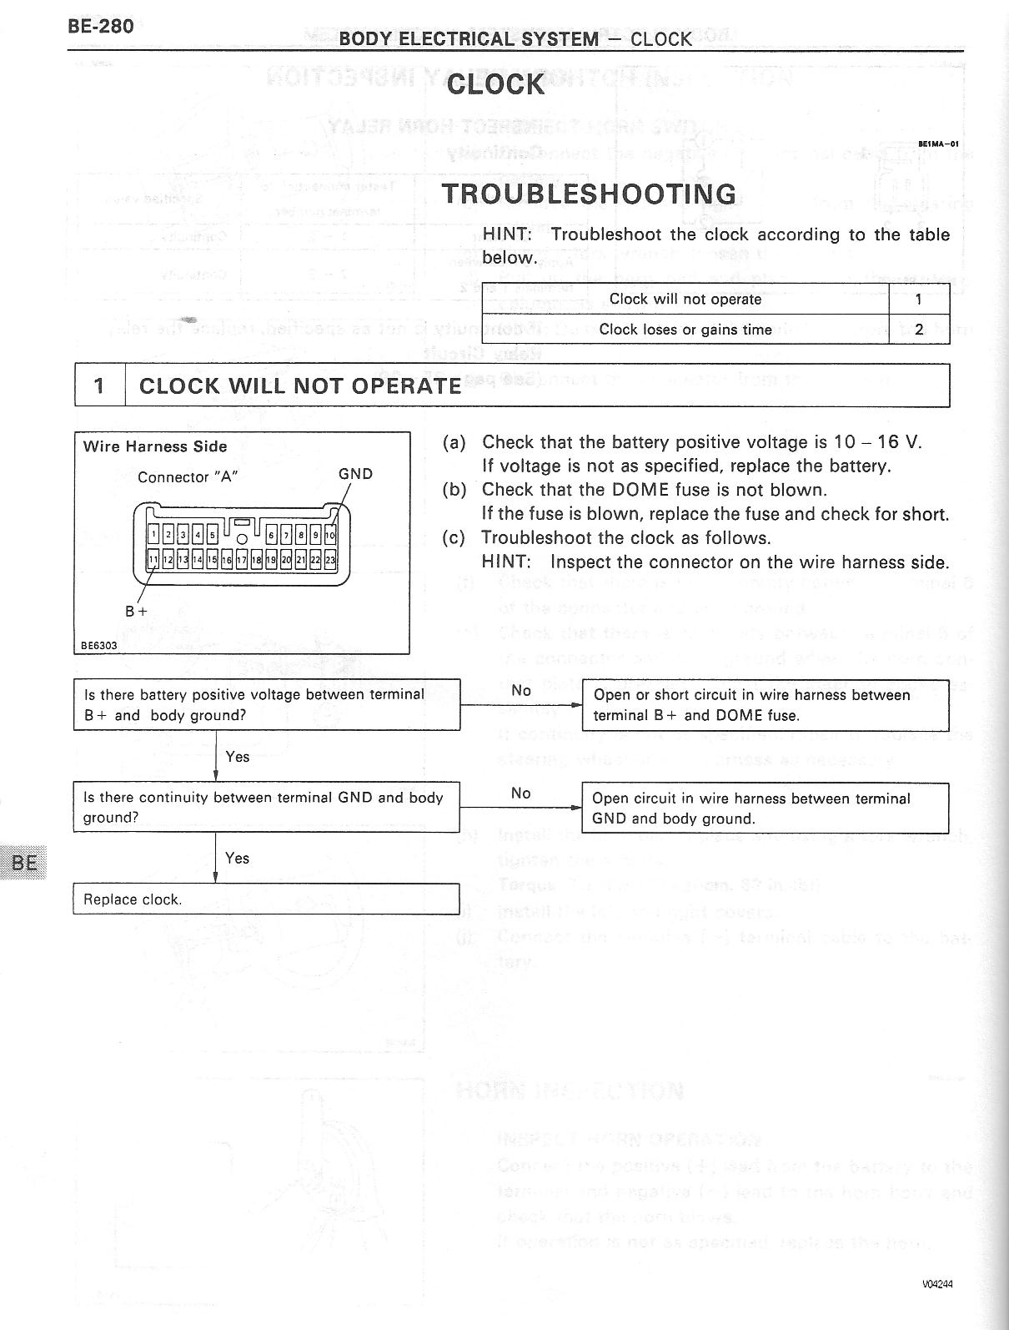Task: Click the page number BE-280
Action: [x=100, y=26]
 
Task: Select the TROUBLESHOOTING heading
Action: [x=589, y=194]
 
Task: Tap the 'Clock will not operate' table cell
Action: [x=685, y=299]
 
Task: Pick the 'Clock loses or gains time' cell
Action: [x=685, y=330]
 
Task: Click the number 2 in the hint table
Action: [x=919, y=330]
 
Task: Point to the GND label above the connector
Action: [x=355, y=474]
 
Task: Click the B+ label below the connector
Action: [x=136, y=611]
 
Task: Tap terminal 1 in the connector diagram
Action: [x=153, y=535]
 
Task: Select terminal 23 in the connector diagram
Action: [x=330, y=560]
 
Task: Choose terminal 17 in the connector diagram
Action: [x=241, y=560]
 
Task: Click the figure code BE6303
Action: [x=98, y=645]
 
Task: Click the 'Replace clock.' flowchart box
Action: [x=266, y=899]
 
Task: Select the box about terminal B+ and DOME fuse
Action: [x=765, y=705]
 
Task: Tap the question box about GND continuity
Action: [x=266, y=807]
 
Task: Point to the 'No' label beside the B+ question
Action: [x=521, y=690]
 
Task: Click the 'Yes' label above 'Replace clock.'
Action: [x=237, y=858]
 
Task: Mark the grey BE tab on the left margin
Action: [x=24, y=861]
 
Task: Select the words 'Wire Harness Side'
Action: [x=155, y=446]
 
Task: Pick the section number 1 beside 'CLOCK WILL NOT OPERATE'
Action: [x=100, y=385]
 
